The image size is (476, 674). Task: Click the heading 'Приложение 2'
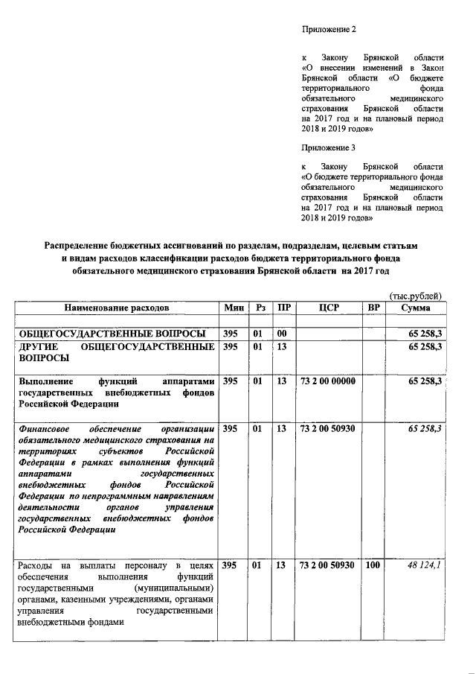pos(329,30)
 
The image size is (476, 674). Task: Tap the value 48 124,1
pos(425,566)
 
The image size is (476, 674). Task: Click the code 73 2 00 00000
pos(327,381)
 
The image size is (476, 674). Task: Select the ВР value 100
pos(373,566)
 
